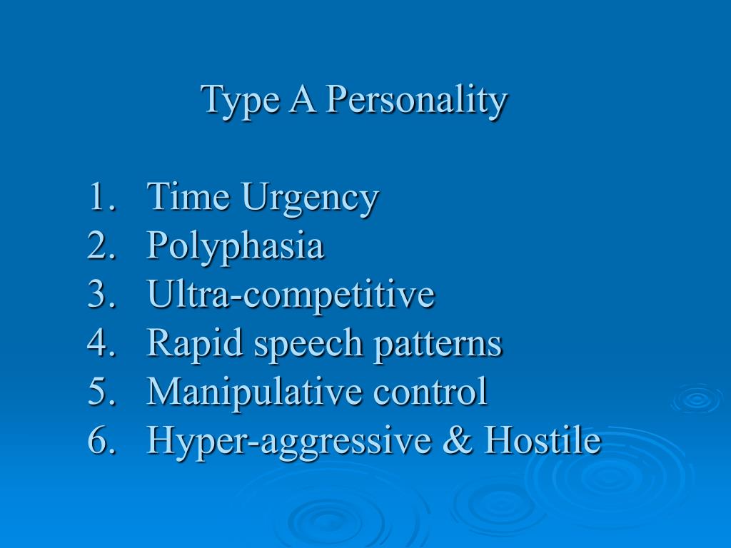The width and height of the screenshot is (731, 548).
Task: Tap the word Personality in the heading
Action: tap(416, 101)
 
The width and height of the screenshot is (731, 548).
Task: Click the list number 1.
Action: tap(99, 198)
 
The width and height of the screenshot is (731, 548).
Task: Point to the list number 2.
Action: tap(99, 246)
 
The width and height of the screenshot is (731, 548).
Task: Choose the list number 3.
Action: tap(99, 295)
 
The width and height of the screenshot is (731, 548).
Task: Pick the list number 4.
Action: tap(99, 343)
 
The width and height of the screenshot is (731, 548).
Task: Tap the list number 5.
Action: tap(99, 392)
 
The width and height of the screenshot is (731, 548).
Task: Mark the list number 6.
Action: tap(99, 440)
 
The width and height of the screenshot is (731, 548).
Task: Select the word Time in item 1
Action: tap(189, 197)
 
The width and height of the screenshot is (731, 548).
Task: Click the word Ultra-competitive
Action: tap(291, 295)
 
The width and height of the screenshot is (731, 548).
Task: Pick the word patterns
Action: tap(438, 344)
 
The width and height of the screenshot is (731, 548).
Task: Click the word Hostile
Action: tap(542, 440)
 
